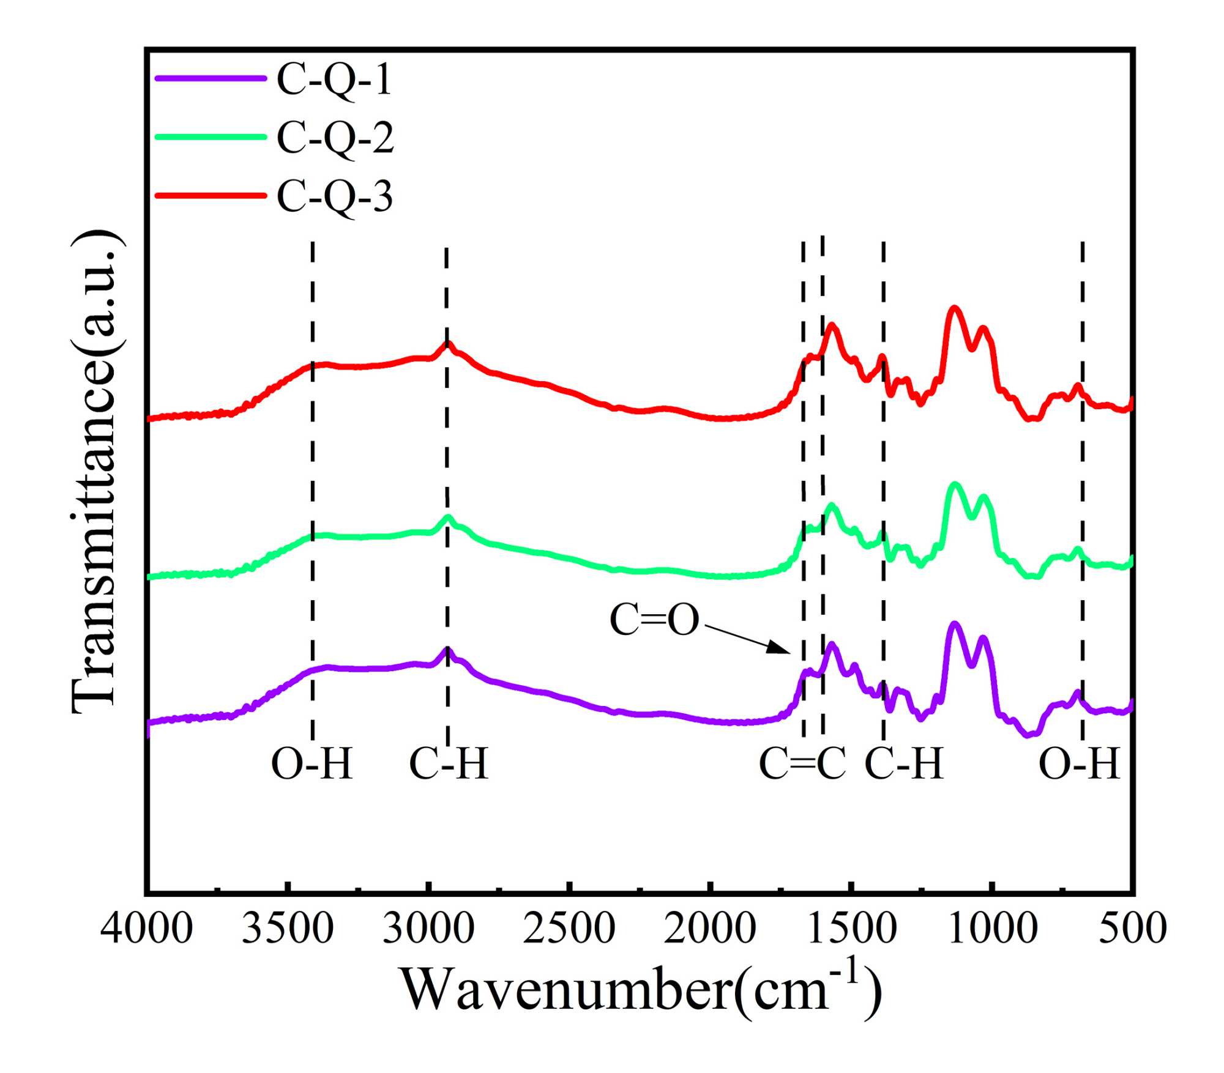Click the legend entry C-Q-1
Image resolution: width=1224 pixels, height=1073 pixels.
tap(334, 80)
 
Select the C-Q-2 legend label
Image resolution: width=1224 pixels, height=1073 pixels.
tap(335, 138)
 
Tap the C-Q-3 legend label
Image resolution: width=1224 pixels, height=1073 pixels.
tap(335, 196)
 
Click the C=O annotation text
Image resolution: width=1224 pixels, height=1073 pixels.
tap(654, 620)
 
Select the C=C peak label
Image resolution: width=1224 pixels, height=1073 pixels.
tap(802, 764)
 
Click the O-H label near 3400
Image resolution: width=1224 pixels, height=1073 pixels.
tap(312, 764)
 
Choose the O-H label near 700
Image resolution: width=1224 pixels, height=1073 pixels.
tap(1080, 764)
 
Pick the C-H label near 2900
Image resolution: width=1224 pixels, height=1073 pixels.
tap(449, 764)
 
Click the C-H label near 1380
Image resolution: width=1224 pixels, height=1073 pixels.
tap(904, 764)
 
